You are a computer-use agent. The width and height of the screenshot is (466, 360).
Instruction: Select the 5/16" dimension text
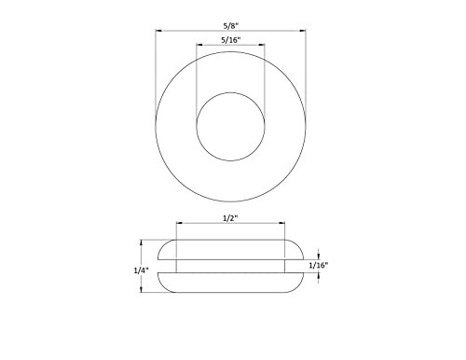click(230, 41)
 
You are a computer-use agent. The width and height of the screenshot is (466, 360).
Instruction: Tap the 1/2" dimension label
click(230, 217)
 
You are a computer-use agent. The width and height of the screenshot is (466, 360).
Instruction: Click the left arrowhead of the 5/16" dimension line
click(198, 48)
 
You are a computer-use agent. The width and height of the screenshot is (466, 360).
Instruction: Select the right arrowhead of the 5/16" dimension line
click(264, 48)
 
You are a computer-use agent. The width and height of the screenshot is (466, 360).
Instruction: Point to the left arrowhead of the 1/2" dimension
click(178, 224)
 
